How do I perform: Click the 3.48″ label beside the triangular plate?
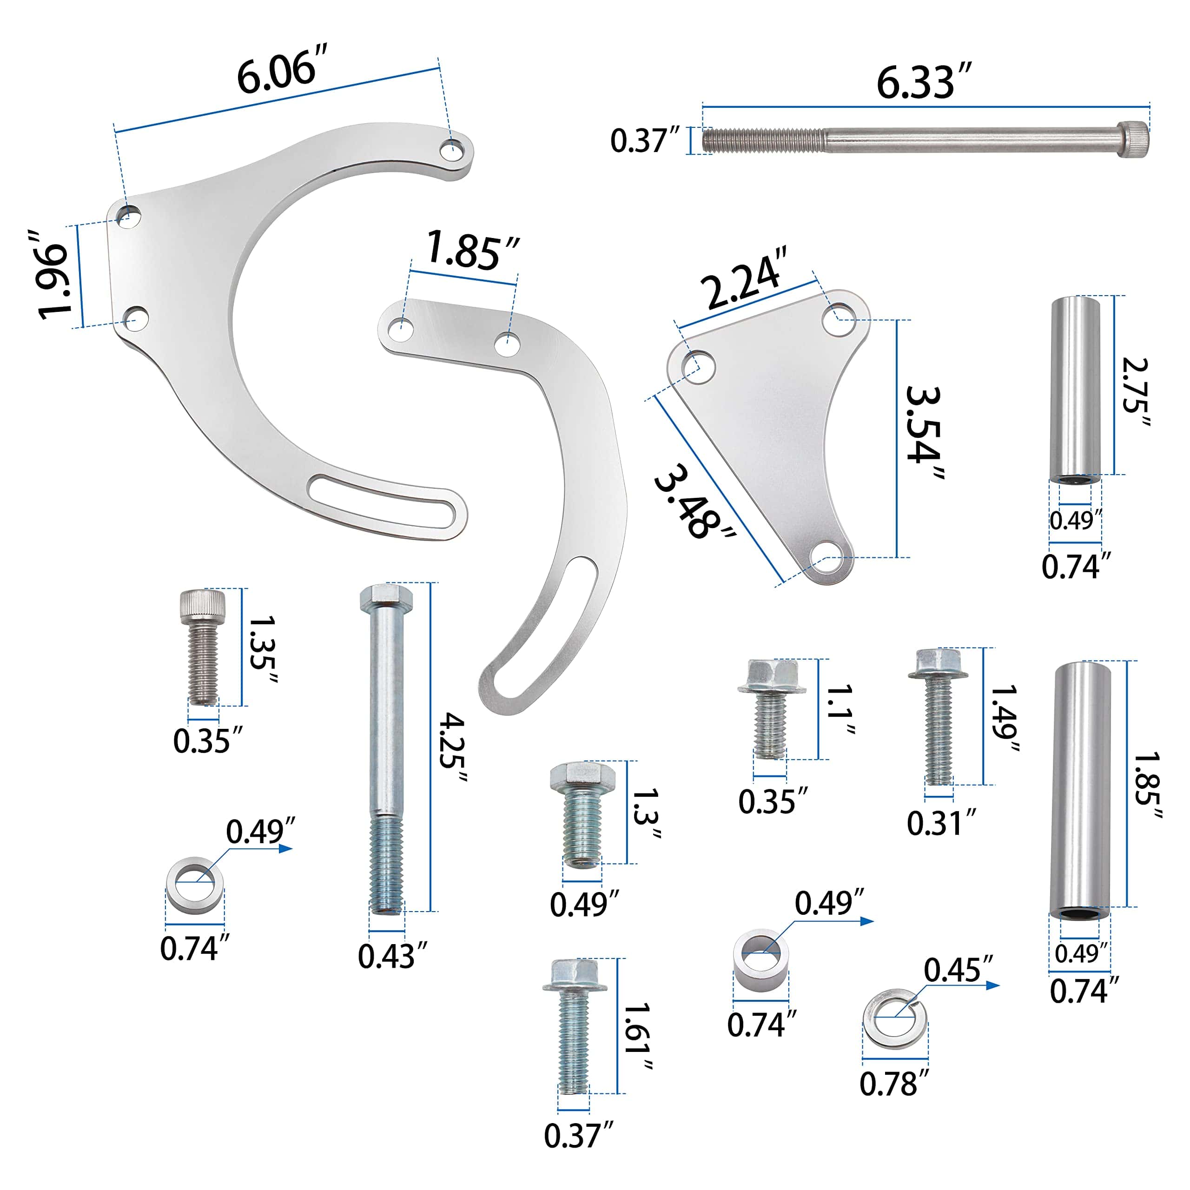point(694,502)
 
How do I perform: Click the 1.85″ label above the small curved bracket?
point(472,250)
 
